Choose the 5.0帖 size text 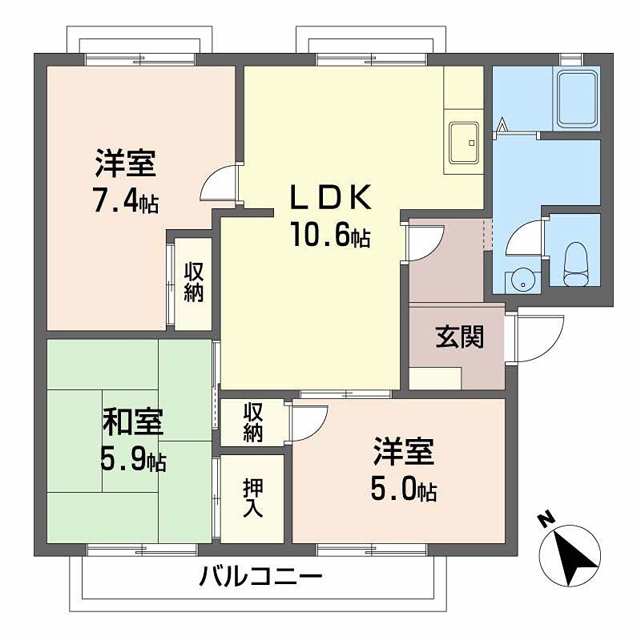(403, 489)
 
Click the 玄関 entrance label (459, 337)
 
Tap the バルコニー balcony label (261, 576)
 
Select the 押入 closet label (252, 498)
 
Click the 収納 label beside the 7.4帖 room (193, 282)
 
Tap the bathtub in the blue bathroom (577, 99)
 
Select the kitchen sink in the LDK (463, 142)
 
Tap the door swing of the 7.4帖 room (219, 183)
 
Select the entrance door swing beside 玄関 (539, 336)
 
